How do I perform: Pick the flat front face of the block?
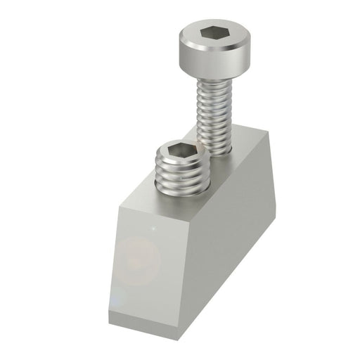click(148, 260)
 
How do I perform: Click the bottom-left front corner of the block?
click(109, 309)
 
